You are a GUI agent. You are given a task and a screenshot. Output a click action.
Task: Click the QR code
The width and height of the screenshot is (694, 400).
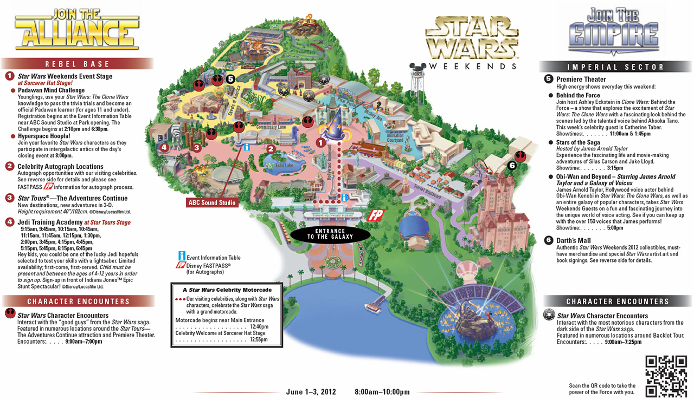pyautogui.click(x=665, y=376)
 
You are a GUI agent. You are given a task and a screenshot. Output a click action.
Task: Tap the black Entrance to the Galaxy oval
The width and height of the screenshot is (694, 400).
pyautogui.click(x=330, y=233)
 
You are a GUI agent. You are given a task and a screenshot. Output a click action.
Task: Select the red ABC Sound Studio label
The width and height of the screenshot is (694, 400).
pyautogui.click(x=211, y=203)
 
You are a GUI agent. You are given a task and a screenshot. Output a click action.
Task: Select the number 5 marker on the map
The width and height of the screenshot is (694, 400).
pyautogui.click(x=230, y=79)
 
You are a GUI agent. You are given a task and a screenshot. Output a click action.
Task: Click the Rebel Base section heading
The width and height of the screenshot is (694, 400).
pyautogui.click(x=77, y=64)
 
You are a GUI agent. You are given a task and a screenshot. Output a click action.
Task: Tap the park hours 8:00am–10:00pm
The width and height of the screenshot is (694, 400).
pyautogui.click(x=382, y=392)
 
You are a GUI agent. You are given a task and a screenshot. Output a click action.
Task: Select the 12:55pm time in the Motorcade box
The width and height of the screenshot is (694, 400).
pyautogui.click(x=259, y=339)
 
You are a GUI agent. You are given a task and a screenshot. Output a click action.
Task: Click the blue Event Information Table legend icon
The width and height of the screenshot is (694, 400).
pyautogui.click(x=182, y=257)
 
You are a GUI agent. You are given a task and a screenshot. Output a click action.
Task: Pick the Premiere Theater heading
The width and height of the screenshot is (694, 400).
pyautogui.click(x=581, y=80)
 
